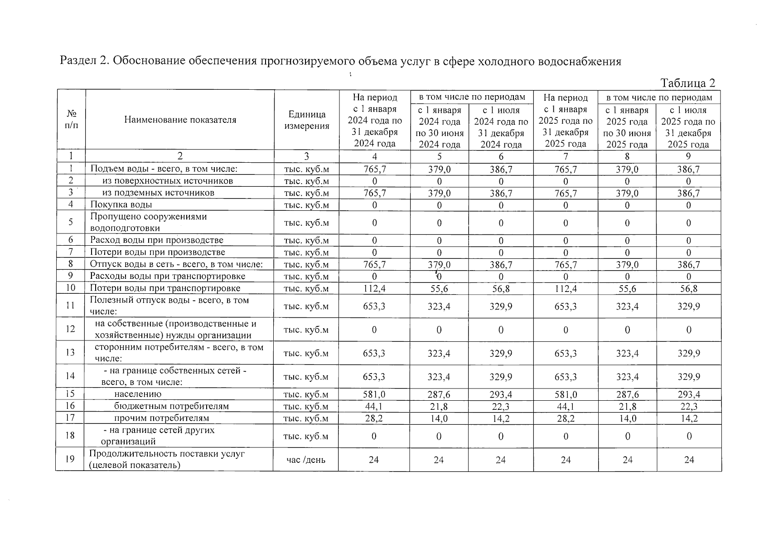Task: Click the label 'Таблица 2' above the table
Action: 687,83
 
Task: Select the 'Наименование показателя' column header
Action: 180,120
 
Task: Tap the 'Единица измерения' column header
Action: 307,120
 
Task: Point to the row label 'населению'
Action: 137,394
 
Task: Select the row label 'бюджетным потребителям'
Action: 171,406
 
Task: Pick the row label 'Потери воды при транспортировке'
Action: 165,288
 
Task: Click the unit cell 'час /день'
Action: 306,460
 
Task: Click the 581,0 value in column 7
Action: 566,394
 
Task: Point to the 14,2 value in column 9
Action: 689,418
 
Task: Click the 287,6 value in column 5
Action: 439,394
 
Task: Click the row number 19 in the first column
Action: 70,459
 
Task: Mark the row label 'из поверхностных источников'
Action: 167,181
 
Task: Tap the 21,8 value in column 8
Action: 627,407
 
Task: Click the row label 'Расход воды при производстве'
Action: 156,240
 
